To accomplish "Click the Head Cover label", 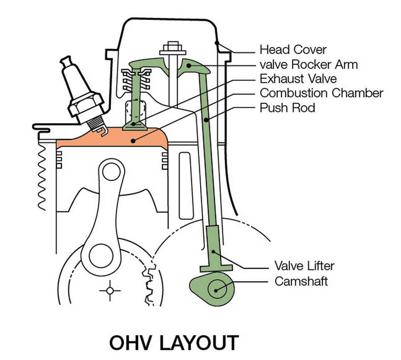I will pos(293,49).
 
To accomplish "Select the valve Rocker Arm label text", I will pos(308,64).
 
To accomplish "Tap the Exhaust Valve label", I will pos(298,79).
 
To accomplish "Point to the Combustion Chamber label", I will pos(321,93).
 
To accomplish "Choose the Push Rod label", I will pos(287,107).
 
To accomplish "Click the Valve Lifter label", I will pos(304,266).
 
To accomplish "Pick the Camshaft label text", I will pos(301,281).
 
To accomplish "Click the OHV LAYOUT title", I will pos(174,343).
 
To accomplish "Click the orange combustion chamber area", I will pos(111,139).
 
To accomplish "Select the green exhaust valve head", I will pos(134,126).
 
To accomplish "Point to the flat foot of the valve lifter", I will pos(216,268).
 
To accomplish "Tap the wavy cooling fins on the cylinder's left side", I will pos(45,178).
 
